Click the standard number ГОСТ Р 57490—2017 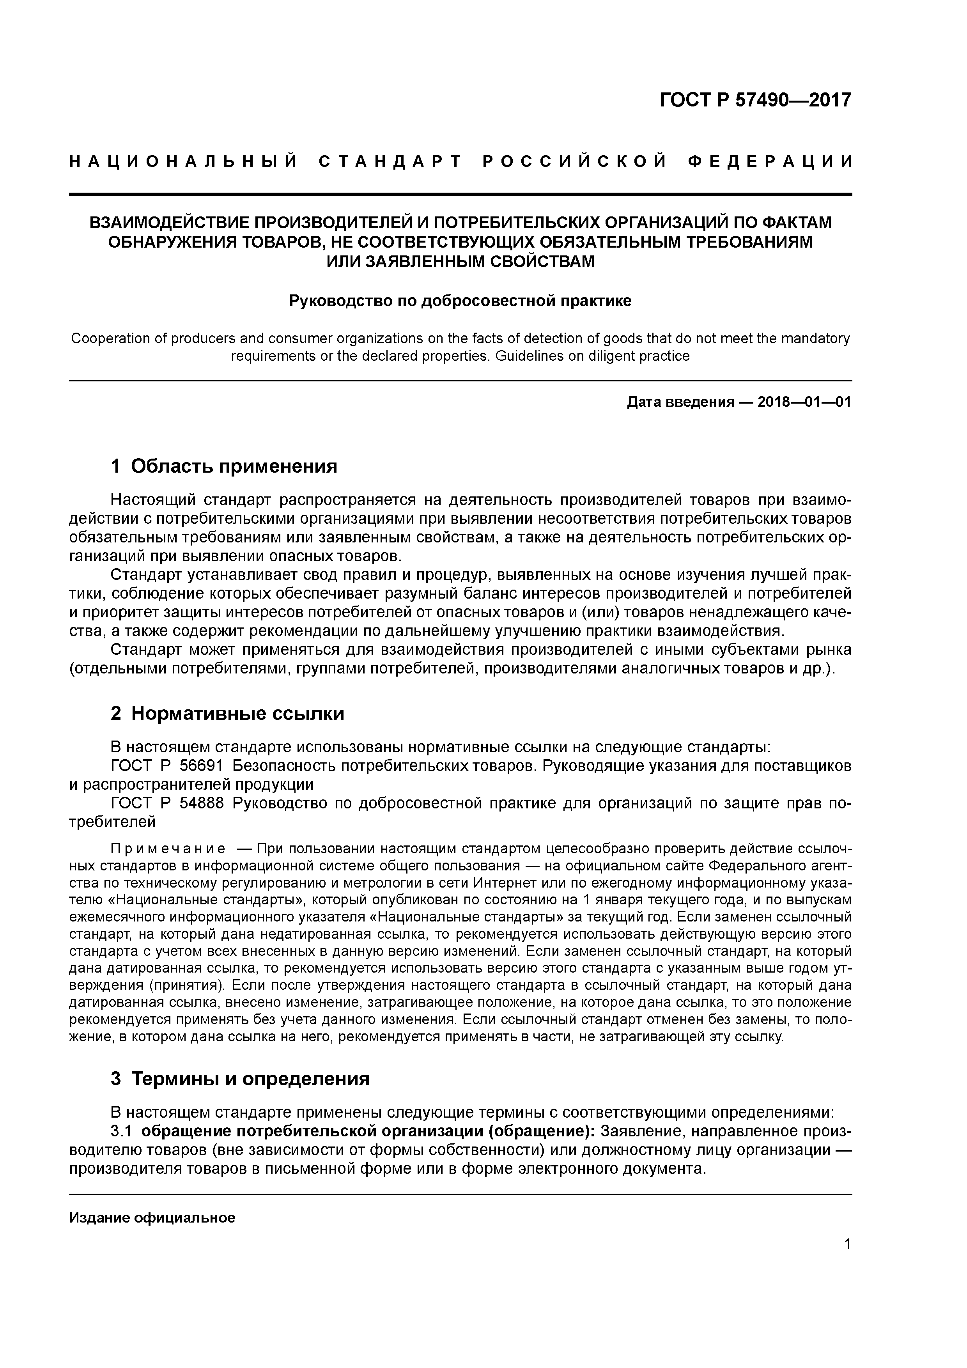tap(756, 100)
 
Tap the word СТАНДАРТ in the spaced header tap(390, 161)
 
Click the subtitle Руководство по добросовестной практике tap(460, 301)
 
